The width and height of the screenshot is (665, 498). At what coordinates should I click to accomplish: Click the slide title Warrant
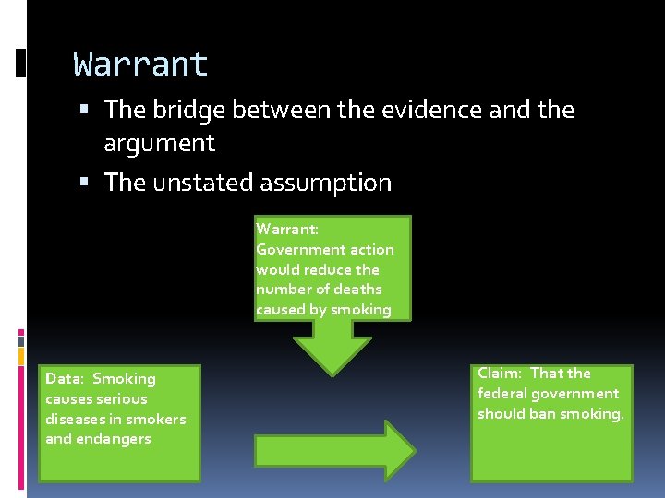[x=141, y=65]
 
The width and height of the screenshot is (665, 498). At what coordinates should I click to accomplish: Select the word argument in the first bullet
[x=159, y=143]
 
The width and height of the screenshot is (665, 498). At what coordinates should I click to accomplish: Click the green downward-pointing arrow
[x=332, y=348]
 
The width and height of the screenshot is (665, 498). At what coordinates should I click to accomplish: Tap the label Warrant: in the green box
[x=287, y=229]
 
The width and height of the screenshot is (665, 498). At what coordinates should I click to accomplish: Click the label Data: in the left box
[x=64, y=379]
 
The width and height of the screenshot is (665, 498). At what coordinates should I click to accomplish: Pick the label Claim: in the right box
[x=500, y=373]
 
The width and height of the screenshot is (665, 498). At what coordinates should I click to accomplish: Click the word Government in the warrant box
[x=296, y=249]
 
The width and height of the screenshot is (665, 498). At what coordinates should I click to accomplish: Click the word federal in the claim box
[x=500, y=394]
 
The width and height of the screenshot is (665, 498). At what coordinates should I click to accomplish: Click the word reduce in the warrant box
[x=329, y=269]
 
